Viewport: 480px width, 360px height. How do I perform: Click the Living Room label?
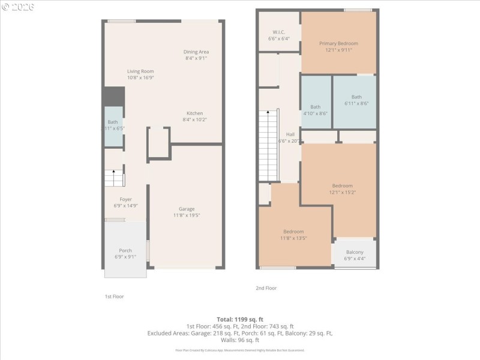click(140, 74)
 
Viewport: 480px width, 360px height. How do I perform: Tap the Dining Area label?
click(196, 55)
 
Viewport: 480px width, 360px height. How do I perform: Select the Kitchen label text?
click(194, 116)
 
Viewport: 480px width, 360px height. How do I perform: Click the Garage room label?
click(186, 212)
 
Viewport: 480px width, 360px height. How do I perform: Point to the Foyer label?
click(125, 202)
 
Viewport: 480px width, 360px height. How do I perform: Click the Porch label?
click(125, 253)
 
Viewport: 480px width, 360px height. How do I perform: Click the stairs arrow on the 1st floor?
click(114, 172)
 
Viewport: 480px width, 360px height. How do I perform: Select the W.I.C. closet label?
click(278, 35)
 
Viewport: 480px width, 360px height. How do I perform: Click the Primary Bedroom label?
click(338, 47)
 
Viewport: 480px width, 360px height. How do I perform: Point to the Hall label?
click(290, 137)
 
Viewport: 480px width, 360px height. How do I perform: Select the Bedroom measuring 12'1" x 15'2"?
click(342, 189)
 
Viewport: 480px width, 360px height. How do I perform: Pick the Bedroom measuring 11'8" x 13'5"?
click(293, 235)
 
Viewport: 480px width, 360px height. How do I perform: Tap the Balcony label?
click(355, 255)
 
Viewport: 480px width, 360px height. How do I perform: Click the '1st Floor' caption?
click(114, 296)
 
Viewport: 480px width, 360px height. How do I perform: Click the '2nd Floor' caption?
click(266, 288)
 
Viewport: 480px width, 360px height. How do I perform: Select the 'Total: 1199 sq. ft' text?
click(240, 319)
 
